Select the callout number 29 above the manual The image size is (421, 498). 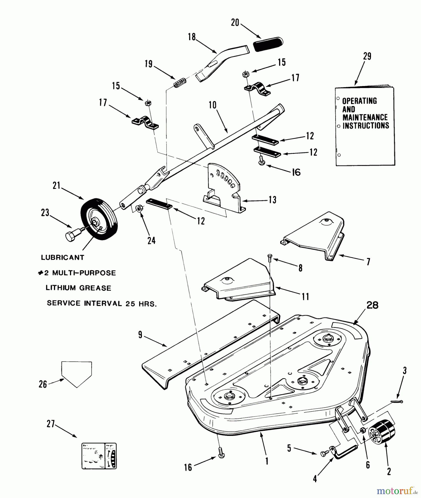pyautogui.click(x=367, y=56)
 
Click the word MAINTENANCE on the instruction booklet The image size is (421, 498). pyautogui.click(x=365, y=117)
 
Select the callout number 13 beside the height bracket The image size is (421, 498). pyautogui.click(x=272, y=200)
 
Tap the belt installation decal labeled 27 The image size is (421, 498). pyautogui.click(x=99, y=456)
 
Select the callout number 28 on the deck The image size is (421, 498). pyautogui.click(x=372, y=305)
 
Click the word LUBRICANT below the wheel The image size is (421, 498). pyautogui.click(x=63, y=258)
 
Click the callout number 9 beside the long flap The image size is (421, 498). pyautogui.click(x=140, y=335)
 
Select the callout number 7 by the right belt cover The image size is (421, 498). pyautogui.click(x=368, y=262)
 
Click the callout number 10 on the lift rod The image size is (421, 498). pyautogui.click(x=212, y=105)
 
